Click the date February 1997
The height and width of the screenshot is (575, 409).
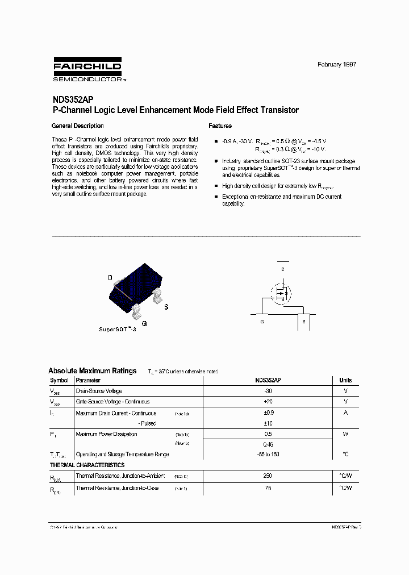click(x=336, y=65)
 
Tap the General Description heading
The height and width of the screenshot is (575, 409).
click(x=77, y=126)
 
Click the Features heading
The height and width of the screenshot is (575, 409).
click(x=220, y=126)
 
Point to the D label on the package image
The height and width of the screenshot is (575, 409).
click(x=110, y=278)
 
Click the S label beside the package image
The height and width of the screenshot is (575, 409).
click(x=166, y=307)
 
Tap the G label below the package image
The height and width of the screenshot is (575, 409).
click(x=144, y=323)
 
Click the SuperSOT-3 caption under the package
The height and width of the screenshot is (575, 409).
click(x=118, y=330)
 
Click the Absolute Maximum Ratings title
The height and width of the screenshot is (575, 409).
click(x=93, y=371)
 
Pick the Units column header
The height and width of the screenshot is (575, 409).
click(x=345, y=380)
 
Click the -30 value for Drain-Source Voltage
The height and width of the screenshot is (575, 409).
click(x=268, y=391)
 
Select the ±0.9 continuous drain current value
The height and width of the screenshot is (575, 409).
click(x=268, y=413)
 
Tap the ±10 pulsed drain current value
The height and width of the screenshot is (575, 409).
click(x=268, y=424)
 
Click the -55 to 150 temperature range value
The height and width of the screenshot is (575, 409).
click(x=268, y=455)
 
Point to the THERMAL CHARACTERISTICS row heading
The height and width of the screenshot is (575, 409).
click(x=87, y=465)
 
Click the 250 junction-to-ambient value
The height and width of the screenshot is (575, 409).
click(x=268, y=476)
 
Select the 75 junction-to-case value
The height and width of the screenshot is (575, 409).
click(x=268, y=488)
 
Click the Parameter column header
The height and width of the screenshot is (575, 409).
click(x=88, y=380)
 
